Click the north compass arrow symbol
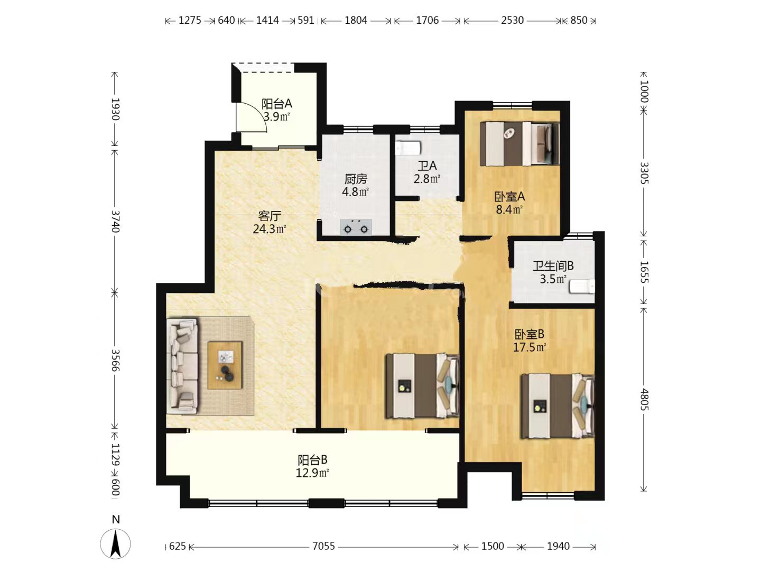[x=115, y=544]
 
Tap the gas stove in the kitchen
[x=356, y=227]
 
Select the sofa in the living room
[x=182, y=366]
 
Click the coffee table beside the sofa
[x=225, y=365]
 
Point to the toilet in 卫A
[x=408, y=148]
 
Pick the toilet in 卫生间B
[x=582, y=287]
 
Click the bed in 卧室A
[x=519, y=143]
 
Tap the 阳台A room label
[x=276, y=103]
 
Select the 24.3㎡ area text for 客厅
[x=269, y=229]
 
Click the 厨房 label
[x=355, y=179]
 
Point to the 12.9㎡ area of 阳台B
[x=312, y=473]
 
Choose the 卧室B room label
[x=529, y=334]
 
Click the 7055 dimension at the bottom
[x=323, y=546]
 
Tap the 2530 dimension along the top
[x=512, y=21]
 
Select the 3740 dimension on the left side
[x=115, y=222]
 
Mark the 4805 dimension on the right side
[x=644, y=399]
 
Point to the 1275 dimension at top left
[x=190, y=21]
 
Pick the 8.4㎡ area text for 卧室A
[x=509, y=209]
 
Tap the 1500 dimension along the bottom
[x=493, y=546]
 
